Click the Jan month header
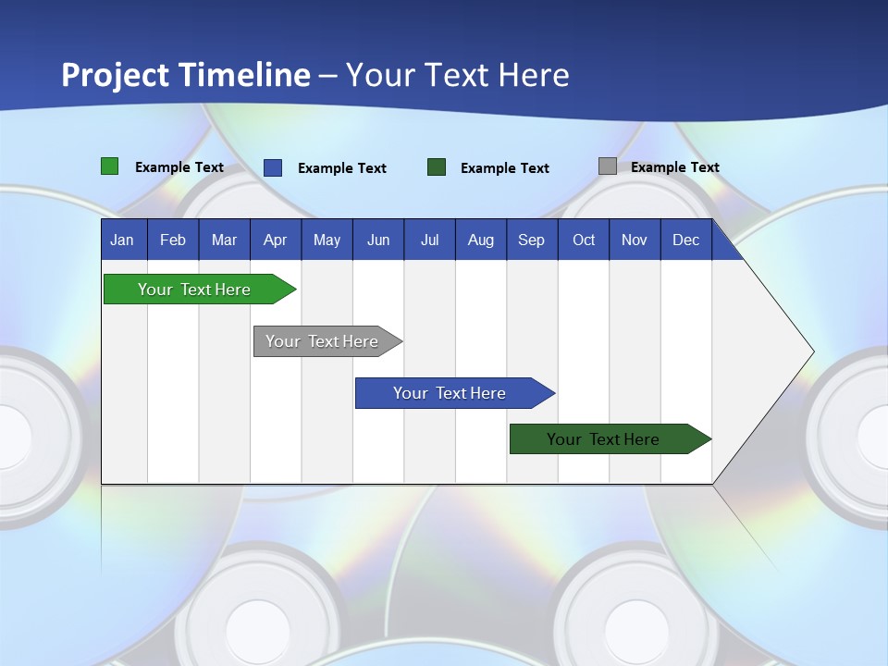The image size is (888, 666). (122, 240)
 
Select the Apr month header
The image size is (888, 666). (276, 240)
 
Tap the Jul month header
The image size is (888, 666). (429, 240)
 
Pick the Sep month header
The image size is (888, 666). (531, 240)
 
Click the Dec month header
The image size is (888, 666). (685, 240)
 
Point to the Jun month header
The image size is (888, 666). (378, 240)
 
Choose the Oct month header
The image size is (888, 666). (584, 240)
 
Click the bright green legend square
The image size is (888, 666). (110, 166)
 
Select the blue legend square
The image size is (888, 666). (273, 167)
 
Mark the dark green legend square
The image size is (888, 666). (437, 167)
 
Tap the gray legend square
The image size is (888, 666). (608, 166)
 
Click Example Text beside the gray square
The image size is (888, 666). (674, 167)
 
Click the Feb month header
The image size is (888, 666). (173, 240)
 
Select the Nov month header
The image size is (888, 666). (635, 240)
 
